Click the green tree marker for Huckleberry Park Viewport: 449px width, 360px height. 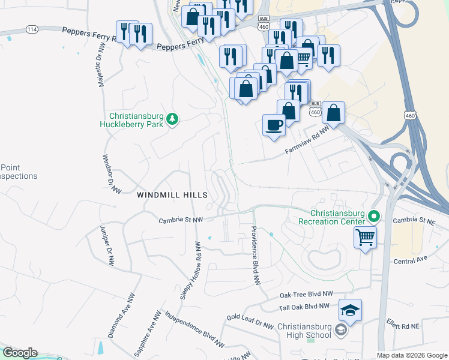(172, 119)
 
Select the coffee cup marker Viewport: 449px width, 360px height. (274, 125)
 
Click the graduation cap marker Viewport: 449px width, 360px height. (350, 310)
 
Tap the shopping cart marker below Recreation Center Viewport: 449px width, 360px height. (365, 238)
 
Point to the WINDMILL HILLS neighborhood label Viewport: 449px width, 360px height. (172, 195)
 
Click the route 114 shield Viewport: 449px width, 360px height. (32, 29)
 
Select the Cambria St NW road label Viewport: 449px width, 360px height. (181, 220)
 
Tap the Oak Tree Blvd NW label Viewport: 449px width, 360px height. (306, 295)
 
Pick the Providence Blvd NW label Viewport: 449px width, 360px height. (255, 254)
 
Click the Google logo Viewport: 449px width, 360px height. (19, 353)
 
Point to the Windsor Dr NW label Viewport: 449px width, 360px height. (112, 175)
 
